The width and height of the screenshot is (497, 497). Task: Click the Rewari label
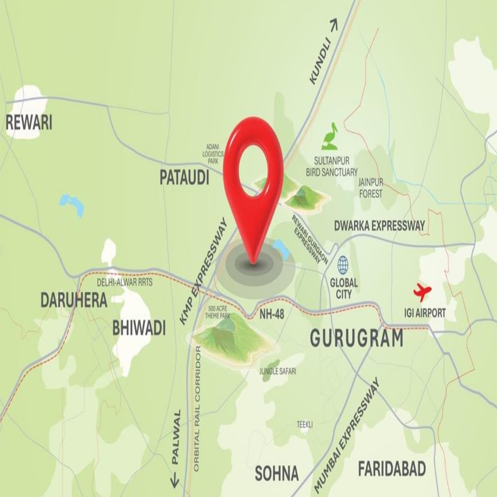pyautogui.click(x=29, y=122)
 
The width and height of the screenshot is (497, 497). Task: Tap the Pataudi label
pyautogui.click(x=185, y=177)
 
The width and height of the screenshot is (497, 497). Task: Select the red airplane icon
pyautogui.click(x=422, y=292)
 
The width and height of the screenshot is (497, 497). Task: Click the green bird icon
pyautogui.click(x=330, y=137)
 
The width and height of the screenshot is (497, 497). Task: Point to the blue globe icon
pyautogui.click(x=343, y=265)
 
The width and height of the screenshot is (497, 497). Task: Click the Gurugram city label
pyautogui.click(x=357, y=338)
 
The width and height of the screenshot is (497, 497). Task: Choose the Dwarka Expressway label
pyautogui.click(x=380, y=225)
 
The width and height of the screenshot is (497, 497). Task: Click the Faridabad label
pyautogui.click(x=392, y=469)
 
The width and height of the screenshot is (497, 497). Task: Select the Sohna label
pyautogui.click(x=277, y=473)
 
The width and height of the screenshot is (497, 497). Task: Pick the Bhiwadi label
pyautogui.click(x=139, y=329)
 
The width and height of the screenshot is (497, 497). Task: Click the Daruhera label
pyautogui.click(x=74, y=300)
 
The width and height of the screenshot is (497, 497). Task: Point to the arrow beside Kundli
pyautogui.click(x=334, y=25)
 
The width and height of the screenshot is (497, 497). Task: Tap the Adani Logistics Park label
pyautogui.click(x=213, y=153)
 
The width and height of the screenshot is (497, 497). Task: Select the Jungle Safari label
pyautogui.click(x=277, y=371)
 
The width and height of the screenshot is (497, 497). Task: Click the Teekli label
pyautogui.click(x=305, y=425)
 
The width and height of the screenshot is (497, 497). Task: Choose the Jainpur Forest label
pyautogui.click(x=370, y=188)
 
